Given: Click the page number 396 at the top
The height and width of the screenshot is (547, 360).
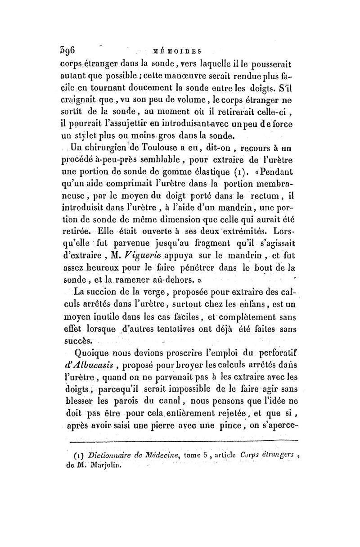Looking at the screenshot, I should [x=69, y=48].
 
